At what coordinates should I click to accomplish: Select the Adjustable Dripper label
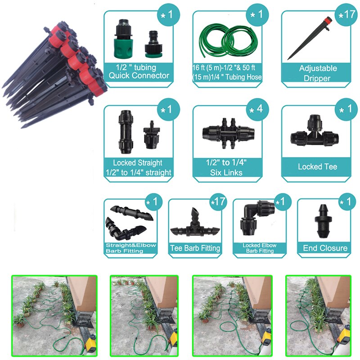tap(318, 73)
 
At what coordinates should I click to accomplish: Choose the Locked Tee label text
tap(317, 166)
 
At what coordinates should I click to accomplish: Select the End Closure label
tap(325, 248)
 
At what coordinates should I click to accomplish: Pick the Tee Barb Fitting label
tap(195, 248)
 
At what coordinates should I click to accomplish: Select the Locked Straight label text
tap(138, 167)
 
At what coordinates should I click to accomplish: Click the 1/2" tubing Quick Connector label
tap(139, 72)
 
